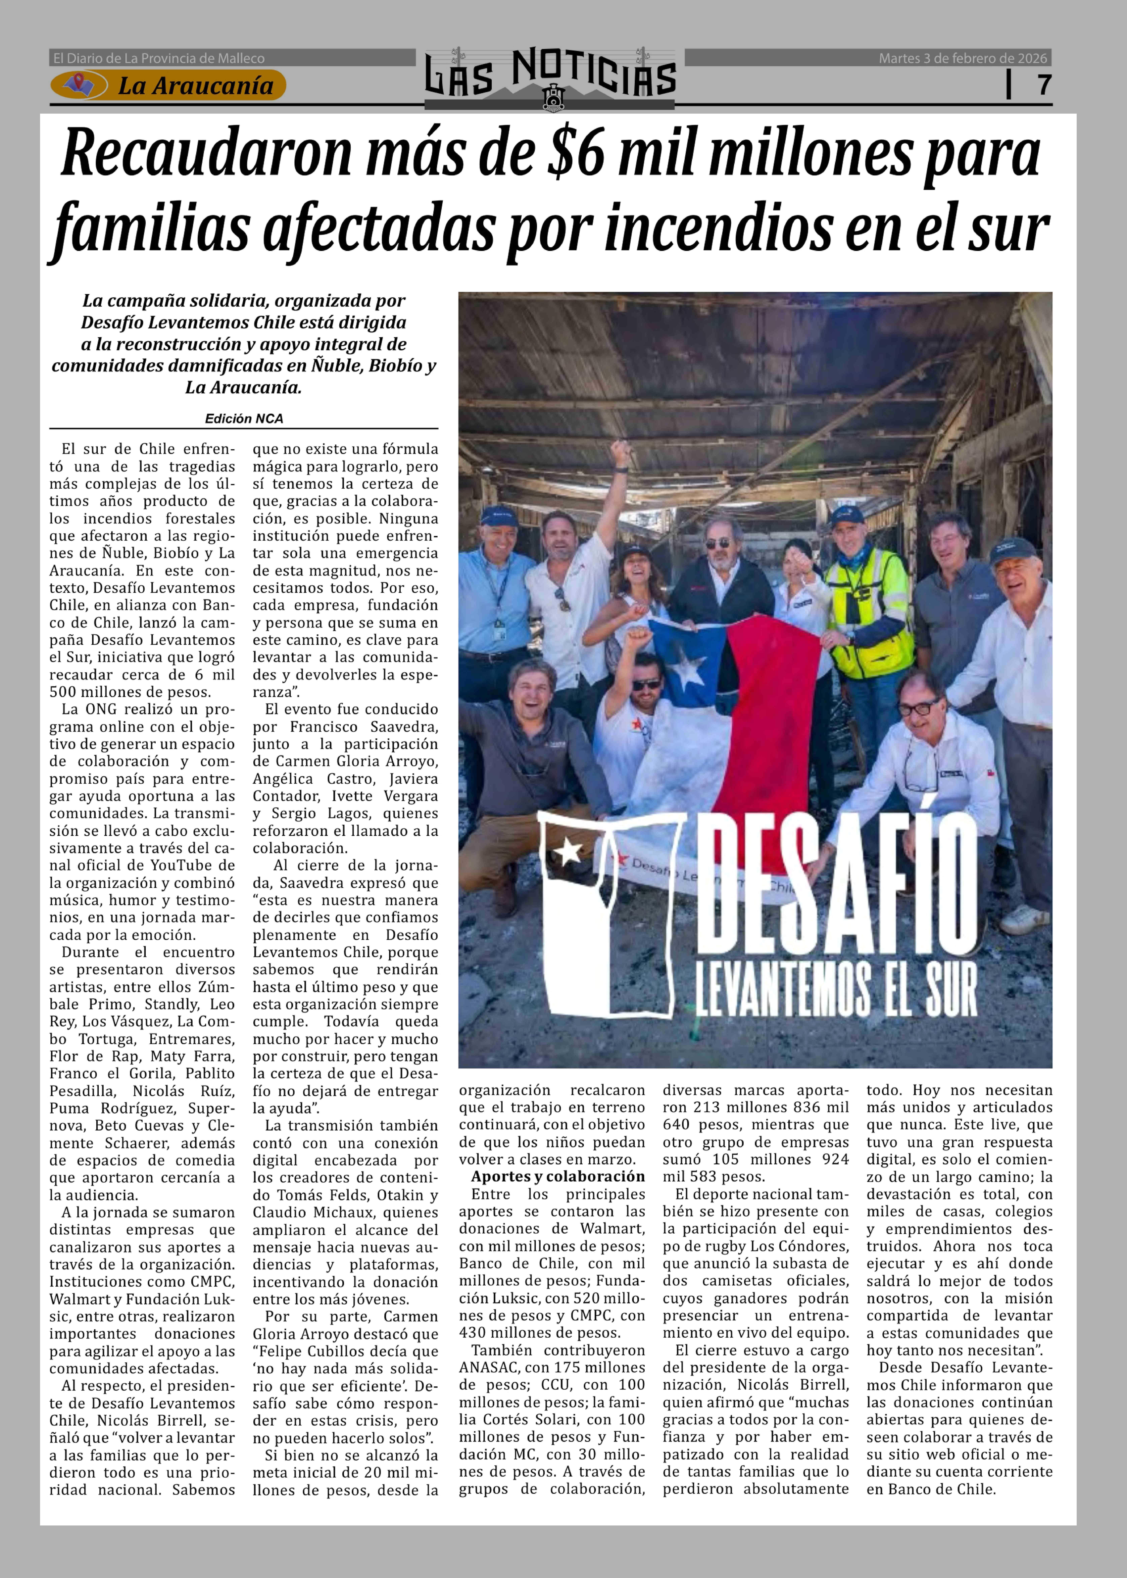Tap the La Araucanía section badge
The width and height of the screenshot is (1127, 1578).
click(168, 85)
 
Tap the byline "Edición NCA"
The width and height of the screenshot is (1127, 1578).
click(244, 418)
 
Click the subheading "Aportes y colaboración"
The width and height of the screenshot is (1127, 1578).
click(558, 1176)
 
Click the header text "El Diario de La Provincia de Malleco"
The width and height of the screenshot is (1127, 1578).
click(159, 58)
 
